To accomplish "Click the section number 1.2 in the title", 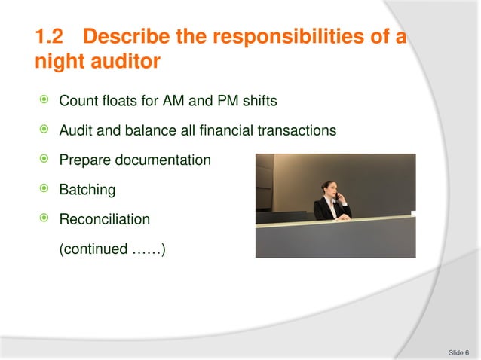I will tap(52, 36).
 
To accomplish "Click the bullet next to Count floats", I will tap(47, 101).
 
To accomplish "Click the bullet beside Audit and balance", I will tap(47, 130).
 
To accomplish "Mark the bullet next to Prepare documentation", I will tap(47, 160).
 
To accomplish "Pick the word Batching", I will tap(87, 190).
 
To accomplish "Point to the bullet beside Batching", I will tap(47, 189).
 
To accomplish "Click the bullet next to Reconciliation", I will tap(47, 219).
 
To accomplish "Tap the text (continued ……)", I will tap(112, 249).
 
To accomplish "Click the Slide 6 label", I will tap(458, 352).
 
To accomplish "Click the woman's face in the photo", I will tap(329, 189).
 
